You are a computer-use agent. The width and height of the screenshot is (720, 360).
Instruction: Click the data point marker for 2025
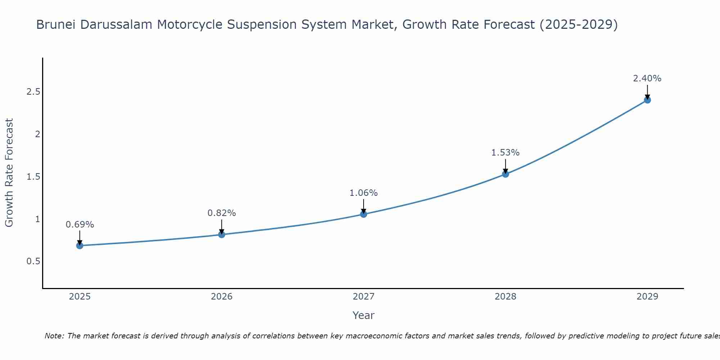tap(80, 246)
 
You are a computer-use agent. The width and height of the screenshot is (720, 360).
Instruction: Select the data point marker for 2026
tap(222, 235)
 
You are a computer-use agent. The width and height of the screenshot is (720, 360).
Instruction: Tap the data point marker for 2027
tap(364, 214)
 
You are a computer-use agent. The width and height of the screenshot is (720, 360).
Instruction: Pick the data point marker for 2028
tap(505, 174)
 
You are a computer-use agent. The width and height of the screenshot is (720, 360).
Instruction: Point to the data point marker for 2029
tap(647, 100)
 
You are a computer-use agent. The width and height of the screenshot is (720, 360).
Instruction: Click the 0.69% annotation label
tap(80, 225)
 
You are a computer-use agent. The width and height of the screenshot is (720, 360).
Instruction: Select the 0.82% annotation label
tap(222, 213)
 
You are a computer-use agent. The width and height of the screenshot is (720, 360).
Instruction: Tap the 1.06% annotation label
tap(364, 193)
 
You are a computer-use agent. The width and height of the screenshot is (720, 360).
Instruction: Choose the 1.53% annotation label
tap(505, 153)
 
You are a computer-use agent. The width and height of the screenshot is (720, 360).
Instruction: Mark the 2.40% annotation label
tap(647, 78)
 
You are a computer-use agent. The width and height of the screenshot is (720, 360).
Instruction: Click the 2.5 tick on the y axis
tap(33, 92)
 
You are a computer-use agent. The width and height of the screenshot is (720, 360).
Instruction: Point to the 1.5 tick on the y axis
tap(33, 177)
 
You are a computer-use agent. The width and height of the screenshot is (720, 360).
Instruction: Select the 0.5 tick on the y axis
tap(33, 261)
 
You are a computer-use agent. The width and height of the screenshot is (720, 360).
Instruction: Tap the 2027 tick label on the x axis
tap(364, 297)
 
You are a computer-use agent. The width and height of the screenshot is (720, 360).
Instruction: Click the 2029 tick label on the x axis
tap(647, 297)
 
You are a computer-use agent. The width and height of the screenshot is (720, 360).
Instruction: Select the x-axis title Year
tap(364, 315)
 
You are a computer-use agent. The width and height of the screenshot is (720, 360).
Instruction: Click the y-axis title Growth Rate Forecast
tap(9, 173)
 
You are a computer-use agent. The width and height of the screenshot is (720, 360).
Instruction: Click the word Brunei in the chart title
tap(56, 25)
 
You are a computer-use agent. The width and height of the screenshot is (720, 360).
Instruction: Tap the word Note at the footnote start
tap(54, 336)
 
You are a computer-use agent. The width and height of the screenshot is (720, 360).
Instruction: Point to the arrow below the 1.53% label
tap(505, 166)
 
